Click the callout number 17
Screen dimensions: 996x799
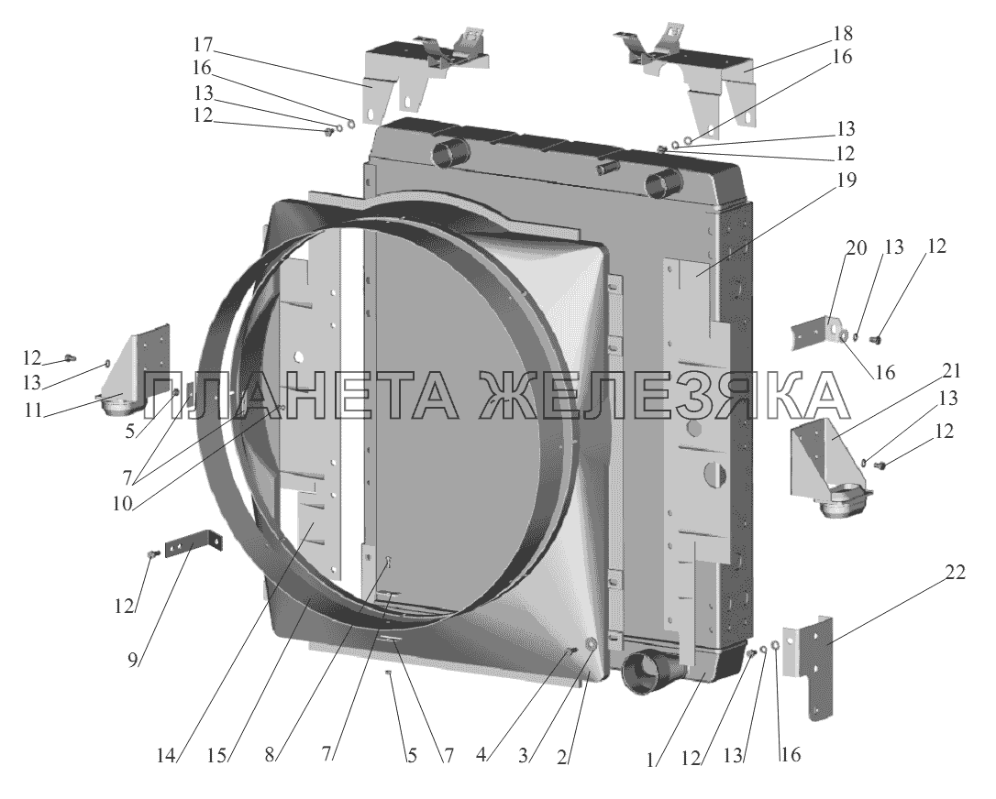205,46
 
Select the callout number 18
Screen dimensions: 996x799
842,34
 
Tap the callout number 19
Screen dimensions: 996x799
846,181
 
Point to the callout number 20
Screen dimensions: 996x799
856,247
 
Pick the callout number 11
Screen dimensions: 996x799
33,410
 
